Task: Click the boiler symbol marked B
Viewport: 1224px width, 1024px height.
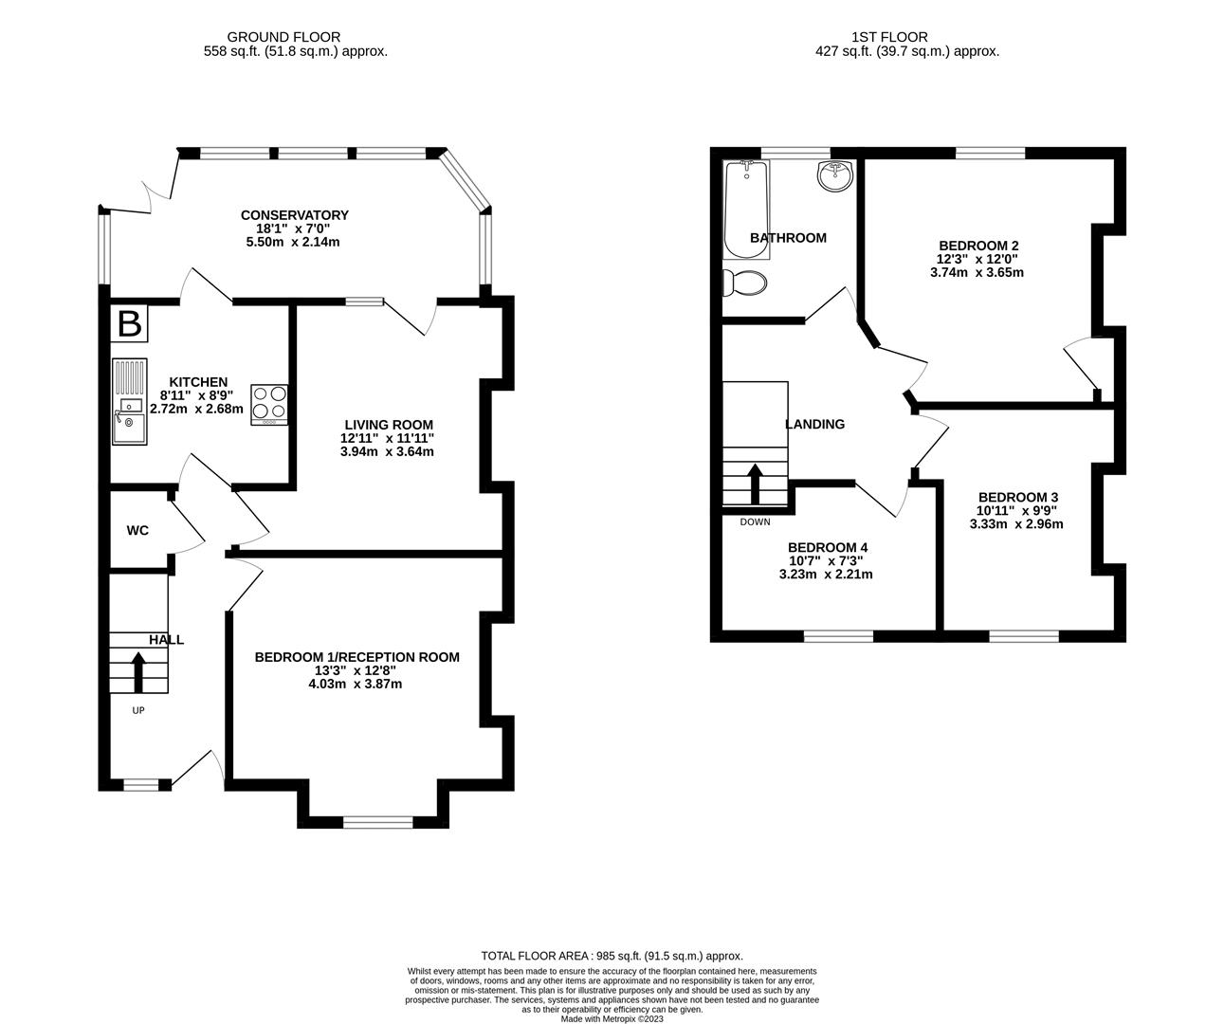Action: click(x=130, y=323)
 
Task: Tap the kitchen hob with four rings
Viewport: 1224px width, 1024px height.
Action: click(x=269, y=404)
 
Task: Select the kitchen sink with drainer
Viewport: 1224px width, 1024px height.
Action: click(x=130, y=401)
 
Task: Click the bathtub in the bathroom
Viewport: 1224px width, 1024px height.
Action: click(x=746, y=210)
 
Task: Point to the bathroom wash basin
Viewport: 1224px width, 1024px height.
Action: click(x=834, y=175)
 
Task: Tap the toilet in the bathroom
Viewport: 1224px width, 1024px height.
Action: click(x=744, y=283)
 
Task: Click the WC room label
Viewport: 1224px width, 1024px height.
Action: click(x=137, y=530)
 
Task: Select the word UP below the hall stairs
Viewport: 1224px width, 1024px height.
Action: click(x=138, y=710)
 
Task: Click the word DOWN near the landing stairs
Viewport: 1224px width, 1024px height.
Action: click(x=755, y=521)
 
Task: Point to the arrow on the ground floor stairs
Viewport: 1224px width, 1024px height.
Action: click(x=138, y=672)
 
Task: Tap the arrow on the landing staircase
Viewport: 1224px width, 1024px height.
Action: click(x=755, y=484)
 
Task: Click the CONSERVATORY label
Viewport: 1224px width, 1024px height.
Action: click(x=295, y=215)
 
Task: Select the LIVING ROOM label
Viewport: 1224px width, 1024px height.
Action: click(x=389, y=425)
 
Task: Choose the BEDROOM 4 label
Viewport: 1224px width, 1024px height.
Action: click(x=828, y=547)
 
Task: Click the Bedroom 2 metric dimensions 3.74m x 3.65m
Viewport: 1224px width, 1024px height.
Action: click(x=977, y=272)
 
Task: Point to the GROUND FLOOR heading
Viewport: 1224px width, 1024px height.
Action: click(x=283, y=37)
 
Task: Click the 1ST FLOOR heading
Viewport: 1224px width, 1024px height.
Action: click(x=890, y=37)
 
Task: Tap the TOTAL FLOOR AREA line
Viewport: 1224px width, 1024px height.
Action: click(x=612, y=956)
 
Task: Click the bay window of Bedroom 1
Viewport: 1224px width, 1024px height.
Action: click(x=378, y=822)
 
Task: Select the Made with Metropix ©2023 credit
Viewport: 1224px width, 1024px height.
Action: click(x=612, y=1019)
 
